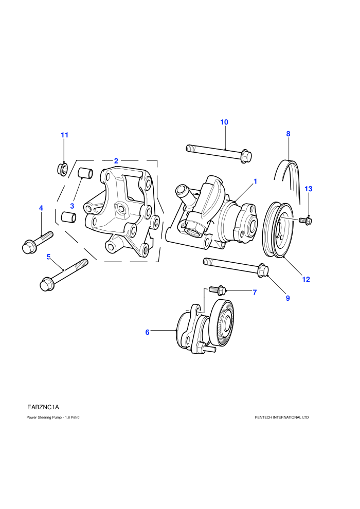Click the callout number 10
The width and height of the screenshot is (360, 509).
[x=224, y=122]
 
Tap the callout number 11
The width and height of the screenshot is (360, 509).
[x=65, y=135]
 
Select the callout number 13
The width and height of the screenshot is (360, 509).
[x=309, y=189]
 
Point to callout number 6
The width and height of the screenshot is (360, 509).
[x=148, y=332]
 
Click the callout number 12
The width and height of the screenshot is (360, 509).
[x=306, y=279]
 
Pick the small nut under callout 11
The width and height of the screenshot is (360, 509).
[x=62, y=170]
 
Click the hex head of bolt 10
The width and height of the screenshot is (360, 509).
[x=247, y=157]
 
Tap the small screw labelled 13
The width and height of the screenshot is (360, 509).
[x=306, y=221]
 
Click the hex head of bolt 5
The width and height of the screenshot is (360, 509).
[x=47, y=284]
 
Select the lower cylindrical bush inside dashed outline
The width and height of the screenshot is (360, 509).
[x=69, y=217]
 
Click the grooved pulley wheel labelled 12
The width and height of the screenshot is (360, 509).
[x=279, y=229]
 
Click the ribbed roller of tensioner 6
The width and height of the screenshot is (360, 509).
[x=222, y=322]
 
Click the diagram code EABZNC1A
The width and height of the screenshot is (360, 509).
[x=43, y=407]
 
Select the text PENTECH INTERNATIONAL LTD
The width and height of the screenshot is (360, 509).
[x=282, y=417]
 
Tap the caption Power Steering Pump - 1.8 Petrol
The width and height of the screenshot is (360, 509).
[x=53, y=417]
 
